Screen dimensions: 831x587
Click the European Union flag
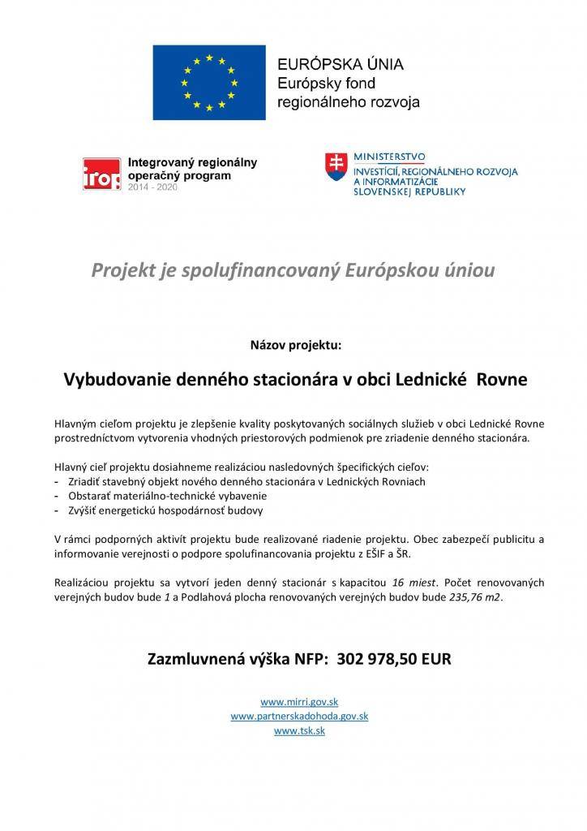point(210,83)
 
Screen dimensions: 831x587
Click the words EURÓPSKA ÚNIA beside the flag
point(341,64)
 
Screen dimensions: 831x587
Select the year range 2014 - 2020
point(153,187)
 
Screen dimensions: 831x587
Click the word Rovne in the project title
point(500,379)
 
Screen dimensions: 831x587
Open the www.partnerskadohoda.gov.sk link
point(299,716)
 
